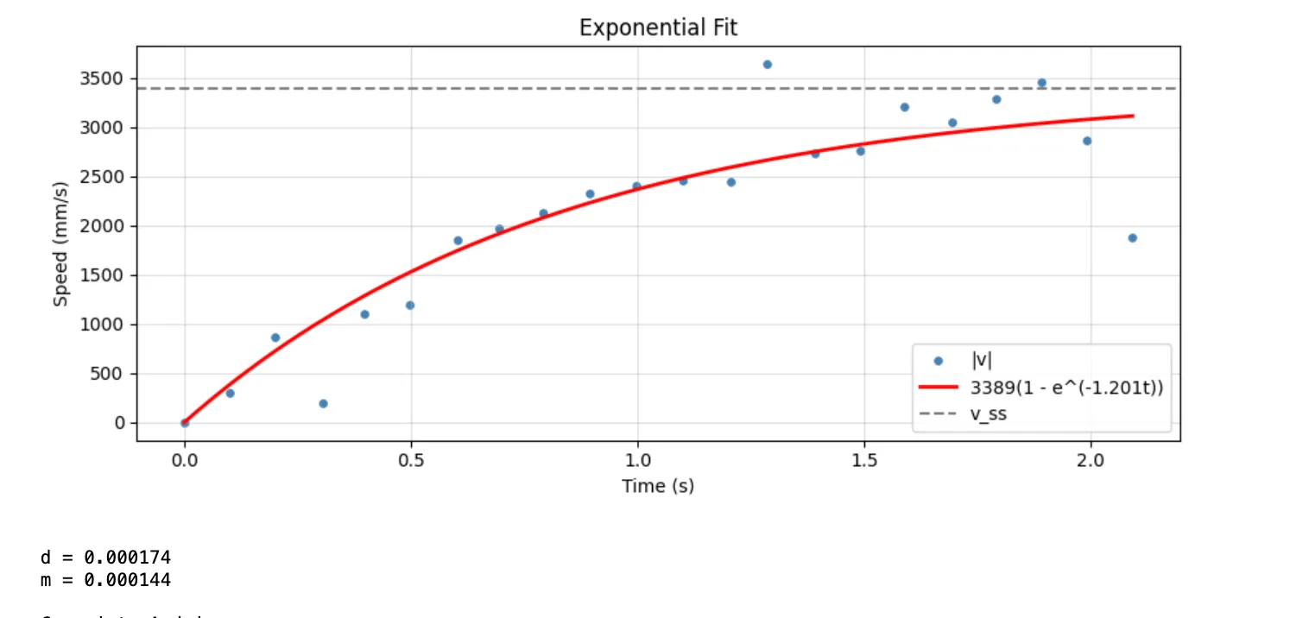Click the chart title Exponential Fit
[658, 28]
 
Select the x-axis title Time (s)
[658, 486]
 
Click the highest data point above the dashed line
[767, 65]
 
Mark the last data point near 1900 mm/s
[1132, 238]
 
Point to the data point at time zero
[185, 423]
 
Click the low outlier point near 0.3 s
[323, 404]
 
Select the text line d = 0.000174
[105, 558]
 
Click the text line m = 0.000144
[105, 579]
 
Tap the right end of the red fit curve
[1132, 116]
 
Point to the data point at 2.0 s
[1087, 141]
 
